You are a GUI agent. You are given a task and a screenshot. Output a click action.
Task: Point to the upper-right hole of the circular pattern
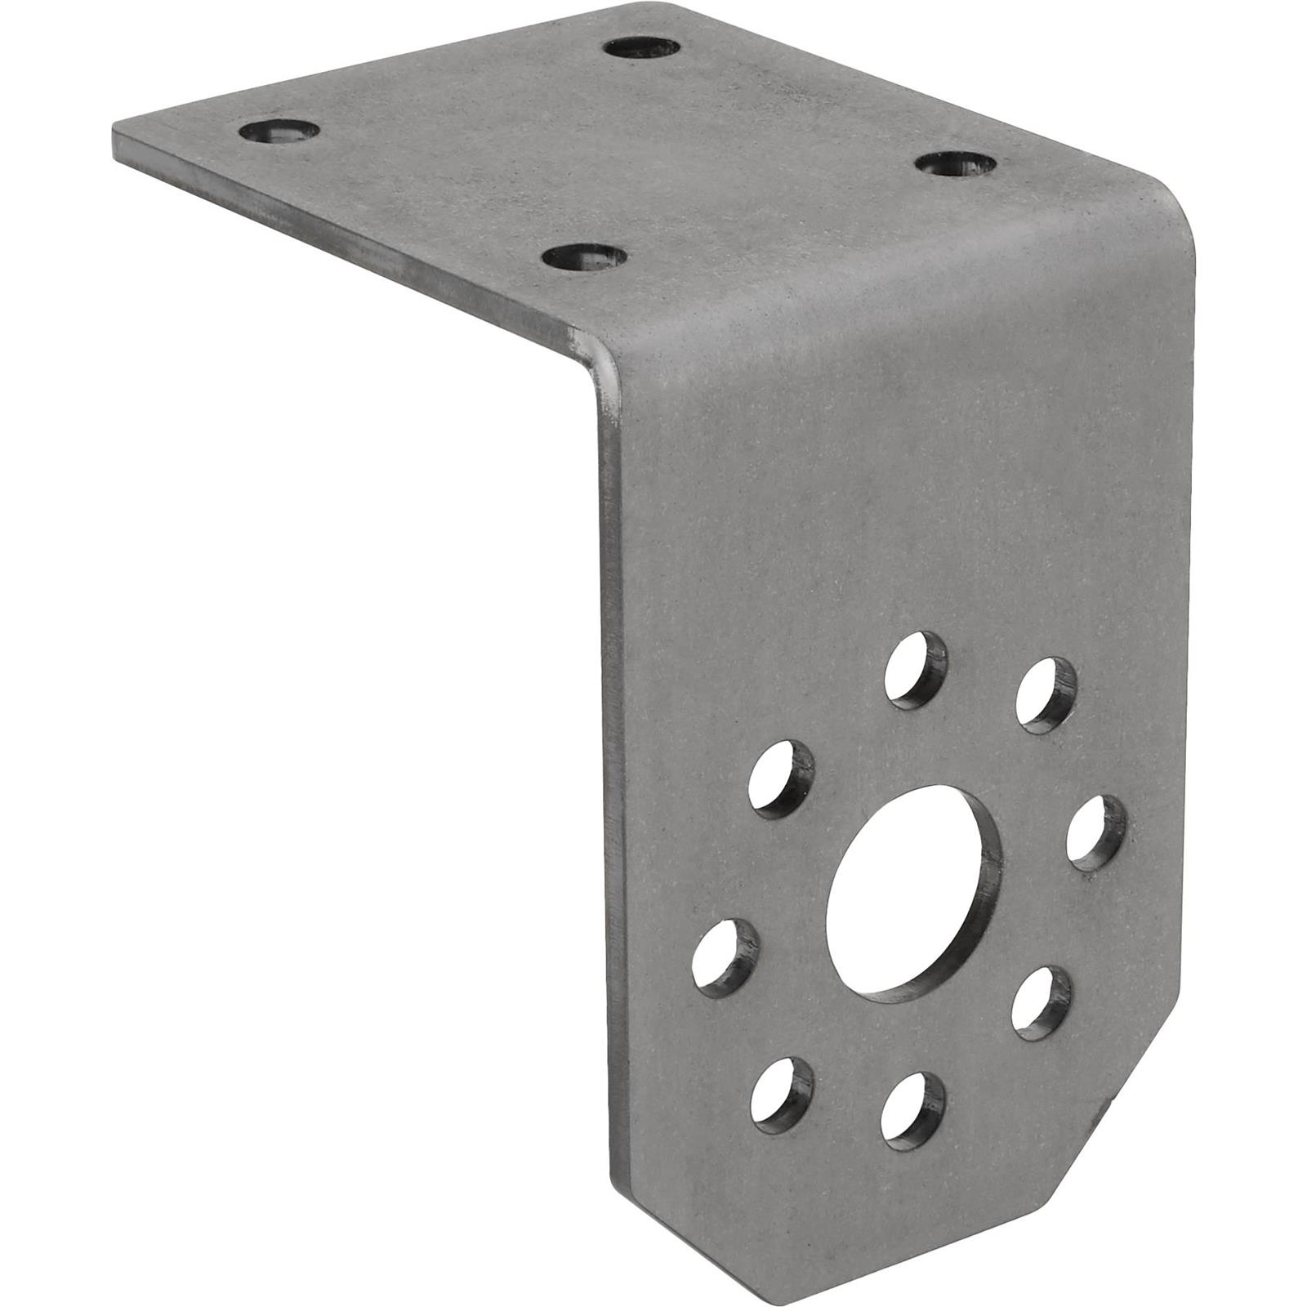(x=1046, y=694)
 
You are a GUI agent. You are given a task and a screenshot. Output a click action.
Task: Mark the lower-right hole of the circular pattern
(x=1042, y=1001)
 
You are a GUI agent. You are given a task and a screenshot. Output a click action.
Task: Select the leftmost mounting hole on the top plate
(x=279, y=130)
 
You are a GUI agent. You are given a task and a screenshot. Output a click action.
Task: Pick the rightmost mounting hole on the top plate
(x=957, y=164)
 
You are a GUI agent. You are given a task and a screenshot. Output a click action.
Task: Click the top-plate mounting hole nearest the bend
(x=585, y=257)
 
